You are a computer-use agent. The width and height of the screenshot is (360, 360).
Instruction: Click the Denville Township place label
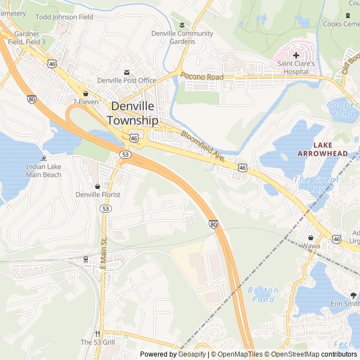pyautogui.click(x=133, y=113)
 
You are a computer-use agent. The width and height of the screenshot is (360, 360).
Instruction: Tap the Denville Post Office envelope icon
pyautogui.click(x=127, y=72)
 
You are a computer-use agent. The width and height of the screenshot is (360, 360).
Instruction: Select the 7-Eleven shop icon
pyautogui.click(x=85, y=93)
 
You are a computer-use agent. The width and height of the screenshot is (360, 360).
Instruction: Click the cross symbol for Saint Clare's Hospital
pyautogui.click(x=296, y=55)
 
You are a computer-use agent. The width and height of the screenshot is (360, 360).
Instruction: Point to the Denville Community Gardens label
pyautogui.click(x=182, y=37)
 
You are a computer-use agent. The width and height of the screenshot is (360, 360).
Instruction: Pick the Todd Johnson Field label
pyautogui.click(x=64, y=17)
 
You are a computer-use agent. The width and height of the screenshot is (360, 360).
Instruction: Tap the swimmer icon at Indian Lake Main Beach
pyautogui.click(x=44, y=158)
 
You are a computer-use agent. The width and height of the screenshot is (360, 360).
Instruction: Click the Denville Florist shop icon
pyautogui.click(x=98, y=186)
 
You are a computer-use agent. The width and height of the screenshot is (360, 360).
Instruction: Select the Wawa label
pyautogui.click(x=310, y=245)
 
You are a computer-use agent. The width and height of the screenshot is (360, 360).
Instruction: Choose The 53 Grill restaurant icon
pyautogui.click(x=98, y=333)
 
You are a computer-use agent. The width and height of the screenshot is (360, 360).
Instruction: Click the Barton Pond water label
pyautogui.click(x=263, y=295)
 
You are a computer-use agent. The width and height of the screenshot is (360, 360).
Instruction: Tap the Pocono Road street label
pyautogui.click(x=201, y=77)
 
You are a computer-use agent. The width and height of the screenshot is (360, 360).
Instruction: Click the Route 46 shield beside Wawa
pyautogui.click(x=336, y=240)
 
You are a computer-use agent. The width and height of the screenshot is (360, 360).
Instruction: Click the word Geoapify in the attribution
pyautogui.click(x=192, y=354)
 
